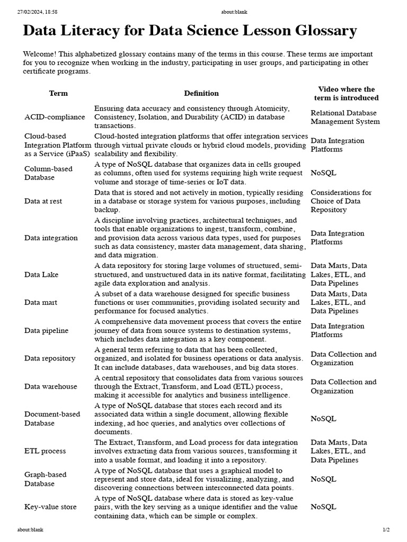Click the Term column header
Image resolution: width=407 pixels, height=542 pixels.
coord(58,93)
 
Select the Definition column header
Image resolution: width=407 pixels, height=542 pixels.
coord(201,93)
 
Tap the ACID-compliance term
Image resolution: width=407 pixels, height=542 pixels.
coord(55,117)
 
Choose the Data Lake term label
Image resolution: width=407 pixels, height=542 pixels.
coord(41,275)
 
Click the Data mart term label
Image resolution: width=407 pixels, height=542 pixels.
coord(41,302)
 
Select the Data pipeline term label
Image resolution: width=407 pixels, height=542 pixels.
coord(46,330)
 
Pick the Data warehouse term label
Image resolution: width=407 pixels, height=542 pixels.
coord(50,386)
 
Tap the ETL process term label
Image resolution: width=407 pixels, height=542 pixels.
coord(45,451)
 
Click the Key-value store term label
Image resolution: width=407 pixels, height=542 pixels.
coord(50,507)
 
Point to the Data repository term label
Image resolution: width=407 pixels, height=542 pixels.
coord(50,358)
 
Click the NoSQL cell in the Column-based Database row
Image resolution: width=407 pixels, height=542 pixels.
coord(323,173)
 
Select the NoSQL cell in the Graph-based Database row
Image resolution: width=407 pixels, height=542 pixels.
coord(323,479)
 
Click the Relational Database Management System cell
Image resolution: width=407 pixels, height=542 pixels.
coord(345,117)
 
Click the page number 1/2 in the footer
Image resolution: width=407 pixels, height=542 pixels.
coord(386,529)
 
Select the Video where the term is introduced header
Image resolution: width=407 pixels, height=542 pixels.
coord(346,93)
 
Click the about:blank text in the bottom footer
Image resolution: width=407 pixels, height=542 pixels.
coord(30,529)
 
